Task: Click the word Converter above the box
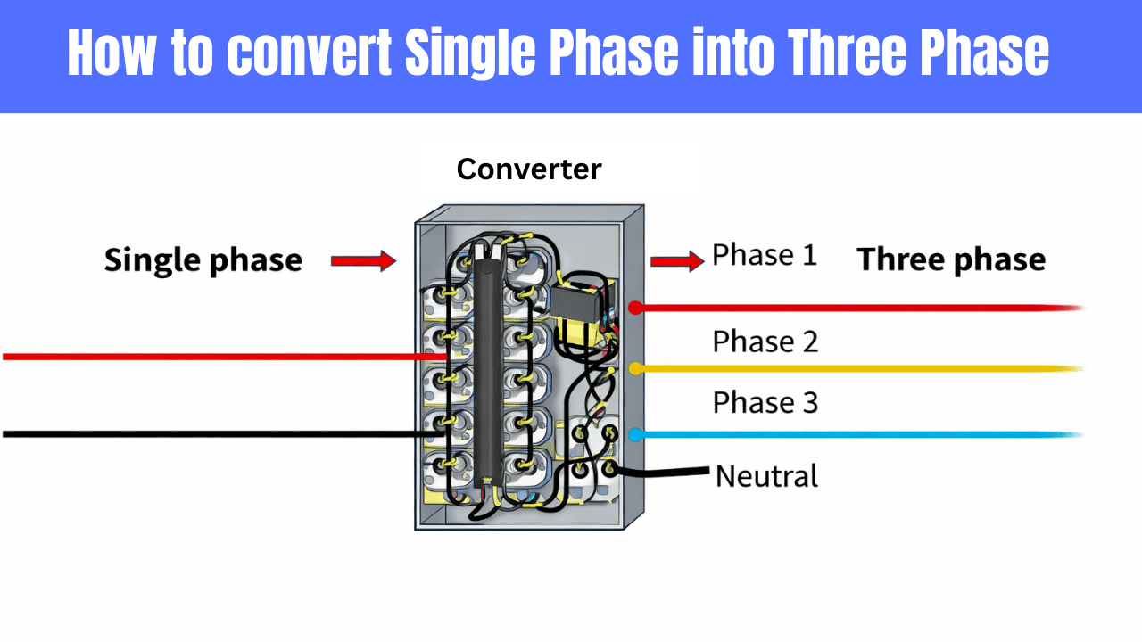(x=529, y=169)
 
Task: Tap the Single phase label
(x=203, y=260)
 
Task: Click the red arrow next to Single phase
(x=362, y=260)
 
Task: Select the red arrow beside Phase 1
(x=676, y=261)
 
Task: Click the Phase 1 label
(x=765, y=256)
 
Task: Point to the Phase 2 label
(x=765, y=342)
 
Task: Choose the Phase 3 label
(x=765, y=402)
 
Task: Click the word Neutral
(x=766, y=476)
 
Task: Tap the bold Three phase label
(x=951, y=260)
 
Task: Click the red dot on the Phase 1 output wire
(x=635, y=308)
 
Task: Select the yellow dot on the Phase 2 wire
(x=635, y=368)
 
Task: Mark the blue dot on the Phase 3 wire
(x=635, y=435)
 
